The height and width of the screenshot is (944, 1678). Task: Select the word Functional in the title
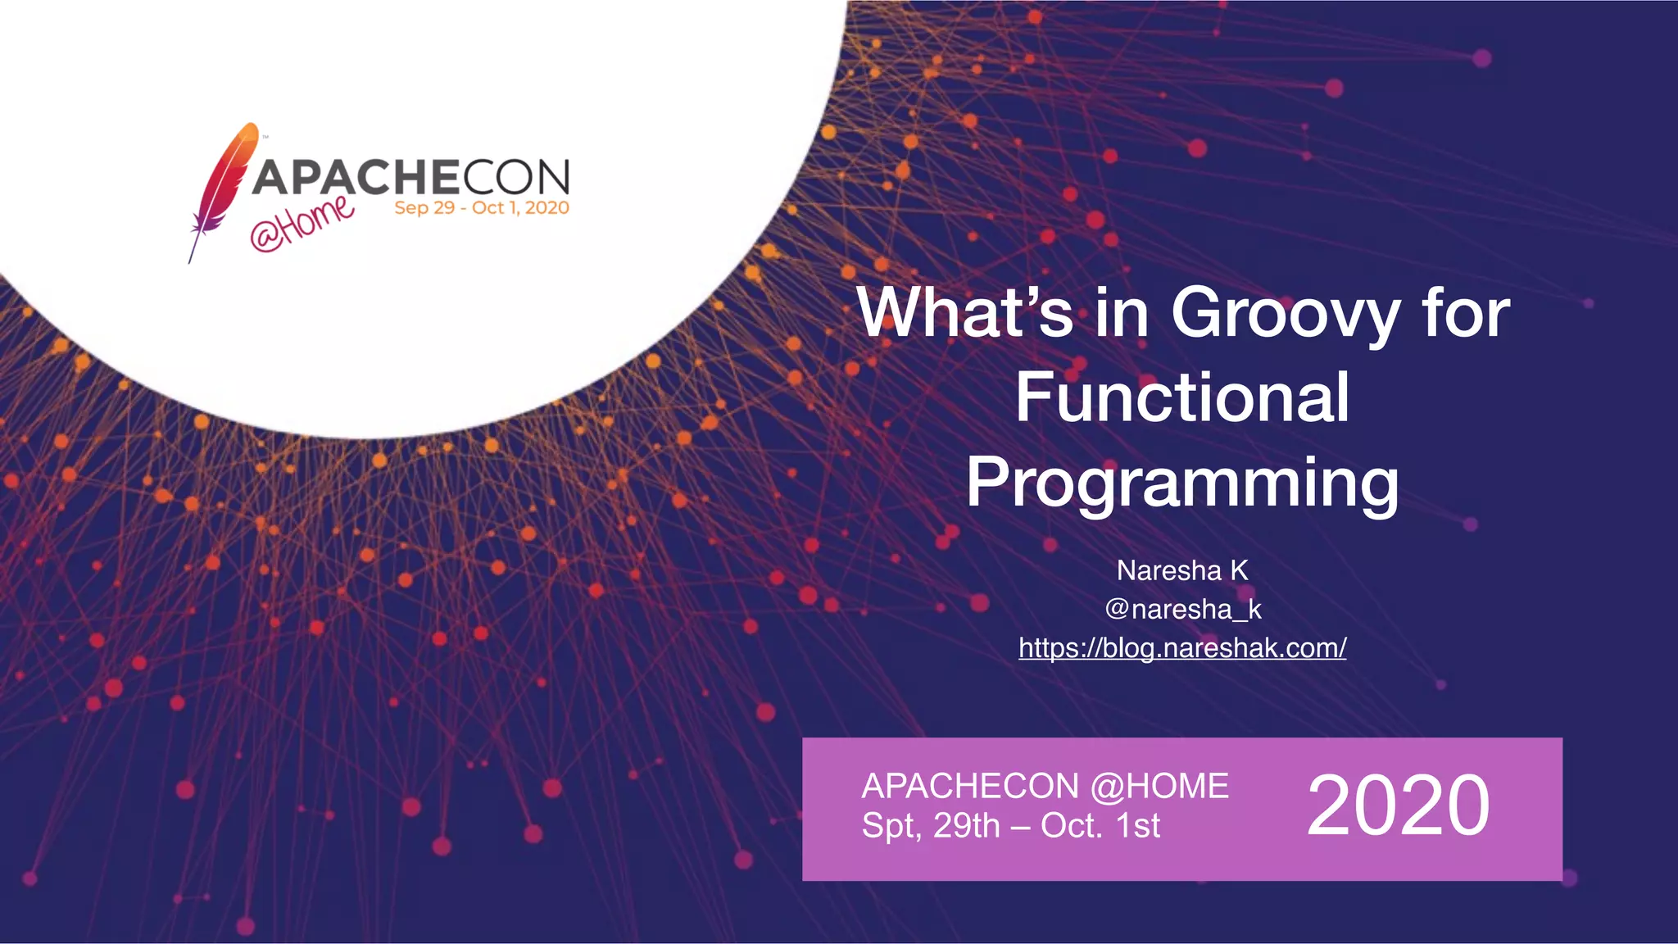(x=1182, y=397)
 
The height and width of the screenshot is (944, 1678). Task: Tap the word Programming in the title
(x=1182, y=483)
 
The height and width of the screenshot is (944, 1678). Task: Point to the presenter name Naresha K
(x=1182, y=570)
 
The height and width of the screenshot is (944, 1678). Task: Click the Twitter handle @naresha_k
(x=1182, y=609)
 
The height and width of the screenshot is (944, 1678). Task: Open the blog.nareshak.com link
(x=1182, y=648)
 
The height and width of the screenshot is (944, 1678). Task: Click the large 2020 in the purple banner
(x=1398, y=806)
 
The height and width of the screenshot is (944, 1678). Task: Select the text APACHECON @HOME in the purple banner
(x=1045, y=787)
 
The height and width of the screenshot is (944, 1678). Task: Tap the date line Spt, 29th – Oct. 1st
(x=1010, y=826)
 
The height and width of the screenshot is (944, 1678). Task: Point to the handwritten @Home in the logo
(x=302, y=223)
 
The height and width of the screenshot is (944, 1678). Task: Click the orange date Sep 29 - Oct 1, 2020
(x=482, y=208)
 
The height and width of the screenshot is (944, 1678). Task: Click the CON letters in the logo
(x=516, y=176)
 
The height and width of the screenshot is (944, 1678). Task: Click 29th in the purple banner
(x=967, y=826)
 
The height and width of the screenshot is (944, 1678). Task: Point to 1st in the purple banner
(x=1139, y=826)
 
